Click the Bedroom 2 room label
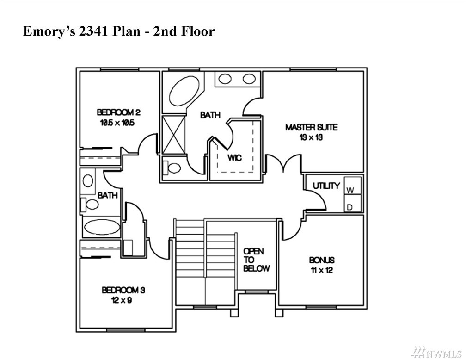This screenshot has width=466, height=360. coord(118,112)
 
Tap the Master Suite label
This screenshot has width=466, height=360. coord(312,127)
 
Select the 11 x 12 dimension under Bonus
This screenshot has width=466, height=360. coord(322,270)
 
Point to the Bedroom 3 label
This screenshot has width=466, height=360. coord(123,290)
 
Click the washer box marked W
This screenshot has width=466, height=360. coord(352,186)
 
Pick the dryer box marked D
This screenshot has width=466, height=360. coord(352,204)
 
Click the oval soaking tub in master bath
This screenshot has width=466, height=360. coord(184,90)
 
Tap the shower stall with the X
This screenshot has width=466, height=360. coord(174,135)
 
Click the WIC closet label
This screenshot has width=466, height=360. coord(235,157)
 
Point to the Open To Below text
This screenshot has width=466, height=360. coord(257,260)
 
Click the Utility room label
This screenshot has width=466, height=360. coord(326,186)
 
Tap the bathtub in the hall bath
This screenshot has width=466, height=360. coord(102,227)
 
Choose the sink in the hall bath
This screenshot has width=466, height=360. coord(88,181)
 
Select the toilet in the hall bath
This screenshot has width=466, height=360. coord(90,205)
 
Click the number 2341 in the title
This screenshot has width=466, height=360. coord(93,31)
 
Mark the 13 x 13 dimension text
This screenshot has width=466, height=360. coord(311,137)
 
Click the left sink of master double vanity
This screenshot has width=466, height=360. coord(225,79)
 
